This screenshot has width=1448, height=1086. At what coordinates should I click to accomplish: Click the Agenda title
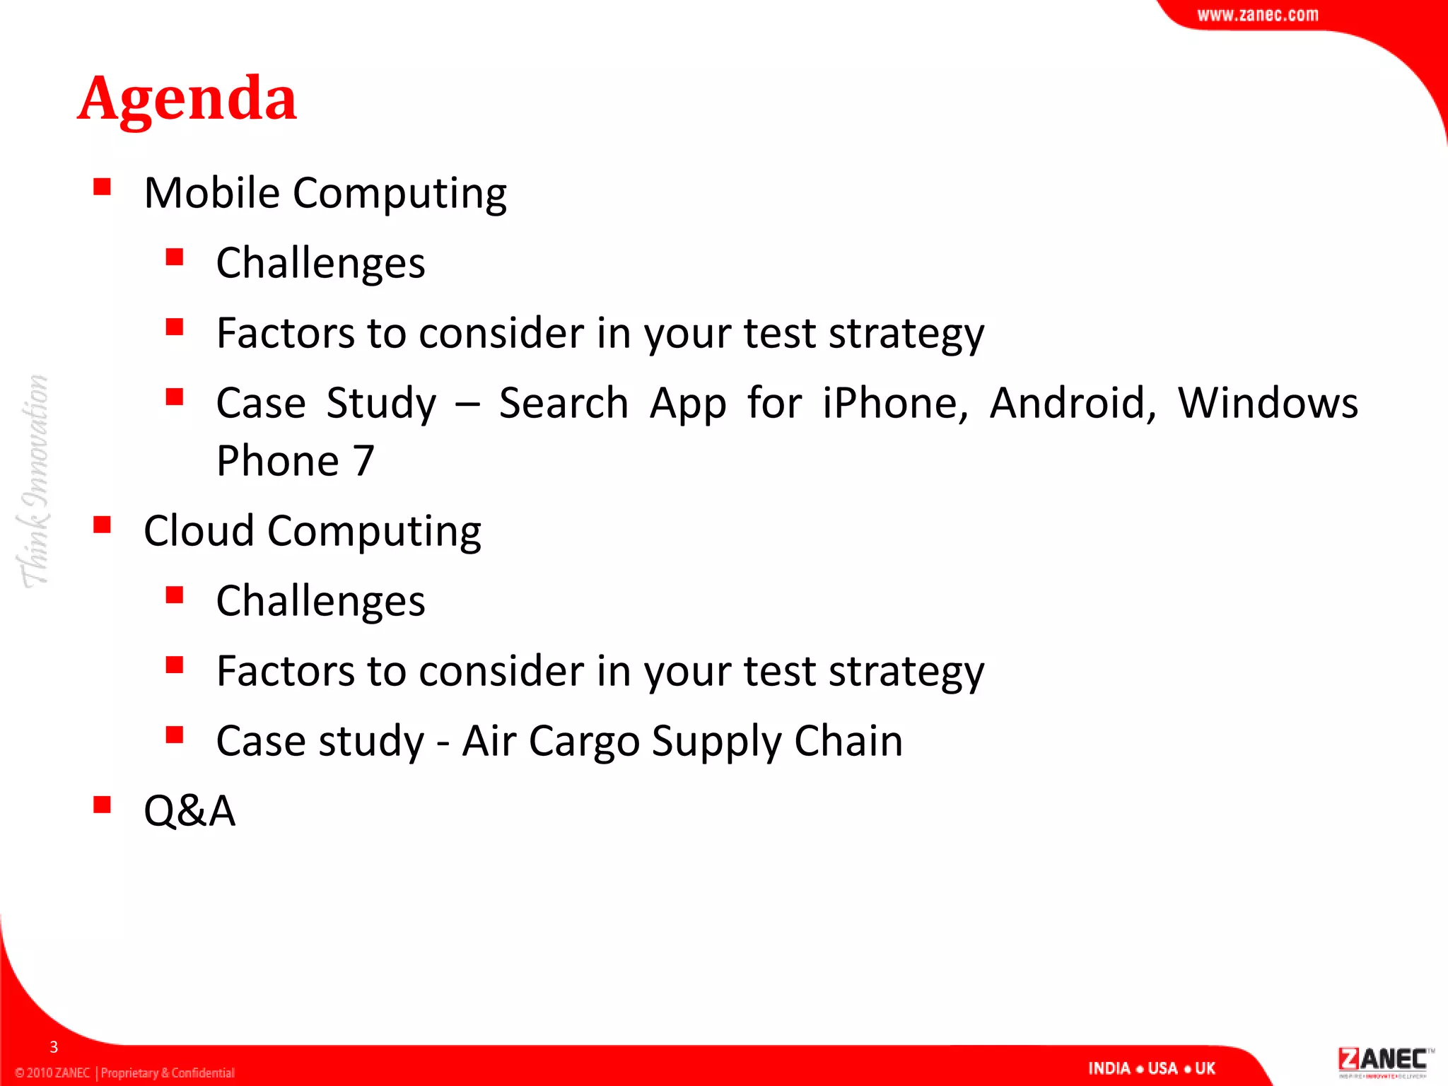[x=187, y=99]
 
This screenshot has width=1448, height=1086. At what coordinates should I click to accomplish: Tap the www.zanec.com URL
[x=1257, y=15]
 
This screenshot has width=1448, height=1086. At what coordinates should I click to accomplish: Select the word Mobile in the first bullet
[x=211, y=192]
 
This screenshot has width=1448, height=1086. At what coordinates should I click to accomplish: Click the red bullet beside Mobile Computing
[x=102, y=187]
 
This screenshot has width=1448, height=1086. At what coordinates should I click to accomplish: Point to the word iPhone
[x=894, y=403]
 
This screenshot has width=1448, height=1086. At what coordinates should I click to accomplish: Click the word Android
[x=1073, y=403]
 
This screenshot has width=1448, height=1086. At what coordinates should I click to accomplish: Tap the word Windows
[x=1268, y=403]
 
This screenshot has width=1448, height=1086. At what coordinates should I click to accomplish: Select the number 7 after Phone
[x=363, y=461]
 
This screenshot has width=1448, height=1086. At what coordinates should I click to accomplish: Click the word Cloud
[x=199, y=530]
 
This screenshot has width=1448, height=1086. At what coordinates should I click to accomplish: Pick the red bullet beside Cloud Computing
[x=102, y=525]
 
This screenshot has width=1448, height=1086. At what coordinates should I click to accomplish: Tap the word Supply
[x=716, y=742]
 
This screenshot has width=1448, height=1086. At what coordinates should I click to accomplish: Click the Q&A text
[x=189, y=810]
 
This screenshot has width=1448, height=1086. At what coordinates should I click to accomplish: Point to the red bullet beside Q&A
[x=102, y=805]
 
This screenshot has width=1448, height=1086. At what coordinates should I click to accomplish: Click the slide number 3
[x=54, y=1047]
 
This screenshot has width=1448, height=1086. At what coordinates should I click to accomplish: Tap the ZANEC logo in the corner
[x=1383, y=1061]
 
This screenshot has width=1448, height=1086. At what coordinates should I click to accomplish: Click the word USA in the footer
[x=1162, y=1068]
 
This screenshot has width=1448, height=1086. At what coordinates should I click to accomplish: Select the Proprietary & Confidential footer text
[x=168, y=1073]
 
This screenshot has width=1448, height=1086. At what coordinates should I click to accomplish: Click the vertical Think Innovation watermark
[x=34, y=481]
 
